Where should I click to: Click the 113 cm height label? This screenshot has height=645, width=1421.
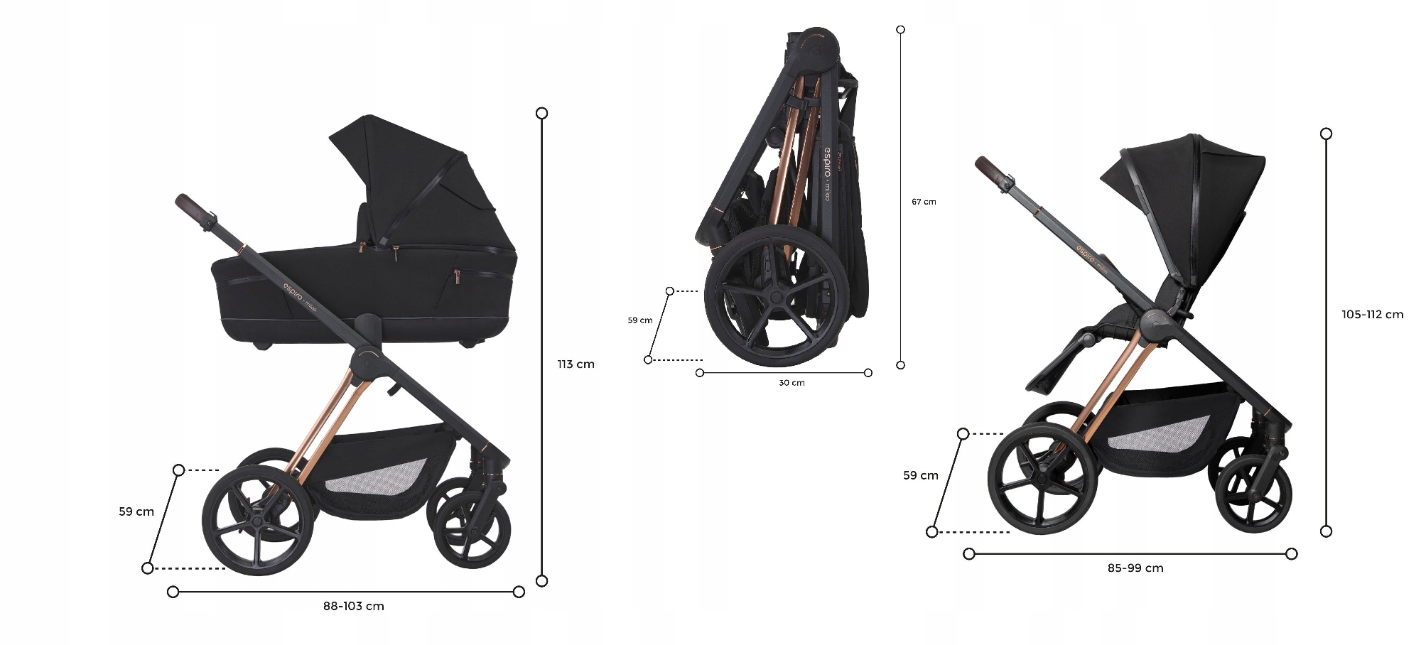click(x=576, y=364)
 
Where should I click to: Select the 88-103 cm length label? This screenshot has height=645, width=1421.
click(x=353, y=606)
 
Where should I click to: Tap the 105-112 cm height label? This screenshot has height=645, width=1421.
click(x=1372, y=315)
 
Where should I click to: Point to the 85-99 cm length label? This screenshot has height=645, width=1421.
click(x=1135, y=568)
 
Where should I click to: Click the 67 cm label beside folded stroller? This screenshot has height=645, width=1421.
click(x=924, y=202)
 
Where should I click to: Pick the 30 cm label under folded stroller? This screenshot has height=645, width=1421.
click(x=791, y=383)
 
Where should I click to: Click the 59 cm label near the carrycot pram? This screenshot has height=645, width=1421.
click(x=136, y=511)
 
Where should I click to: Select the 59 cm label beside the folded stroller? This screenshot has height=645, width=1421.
click(x=639, y=320)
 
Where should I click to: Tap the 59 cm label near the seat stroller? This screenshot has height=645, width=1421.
click(x=920, y=475)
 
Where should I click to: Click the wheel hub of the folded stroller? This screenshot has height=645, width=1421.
click(x=776, y=297)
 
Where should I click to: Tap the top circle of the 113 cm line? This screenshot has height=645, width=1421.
click(x=541, y=113)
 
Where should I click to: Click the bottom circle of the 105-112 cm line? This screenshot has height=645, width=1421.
click(x=1326, y=531)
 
